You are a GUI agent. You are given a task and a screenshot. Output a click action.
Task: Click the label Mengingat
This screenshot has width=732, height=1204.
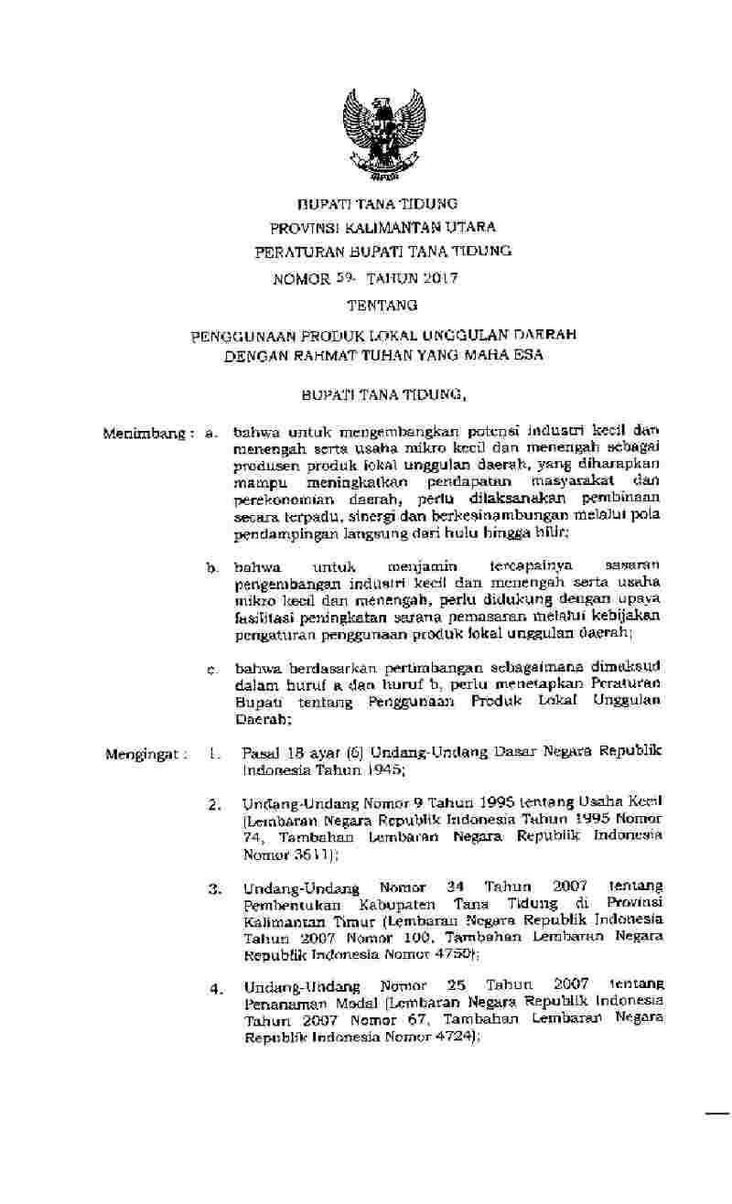tap(145, 756)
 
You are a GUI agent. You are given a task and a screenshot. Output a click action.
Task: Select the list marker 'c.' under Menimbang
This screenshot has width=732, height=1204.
tap(211, 672)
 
